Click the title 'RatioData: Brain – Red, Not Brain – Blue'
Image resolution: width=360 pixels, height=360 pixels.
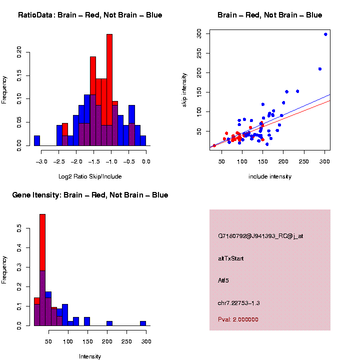pyautogui.click(x=90, y=15)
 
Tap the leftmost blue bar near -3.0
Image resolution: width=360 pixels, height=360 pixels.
pyautogui.click(x=36, y=140)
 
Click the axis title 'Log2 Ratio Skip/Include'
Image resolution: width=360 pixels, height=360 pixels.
pyautogui.click(x=90, y=176)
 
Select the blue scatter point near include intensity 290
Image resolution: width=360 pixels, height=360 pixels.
pyautogui.click(x=320, y=69)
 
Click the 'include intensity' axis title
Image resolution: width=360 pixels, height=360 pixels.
pyautogui.click(x=270, y=176)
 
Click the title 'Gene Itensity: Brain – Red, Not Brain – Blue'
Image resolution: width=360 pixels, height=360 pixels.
pyautogui.click(x=90, y=195)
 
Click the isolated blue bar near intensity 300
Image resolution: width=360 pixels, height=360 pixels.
pyautogui.click(x=143, y=323)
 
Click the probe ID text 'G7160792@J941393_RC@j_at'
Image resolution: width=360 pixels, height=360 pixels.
pyautogui.click(x=260, y=236)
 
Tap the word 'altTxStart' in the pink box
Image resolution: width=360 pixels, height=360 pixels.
pyautogui.click(x=231, y=258)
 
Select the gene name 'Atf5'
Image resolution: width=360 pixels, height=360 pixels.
pyautogui.click(x=223, y=280)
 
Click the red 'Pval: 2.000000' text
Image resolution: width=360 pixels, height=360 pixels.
pyautogui.click(x=238, y=319)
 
